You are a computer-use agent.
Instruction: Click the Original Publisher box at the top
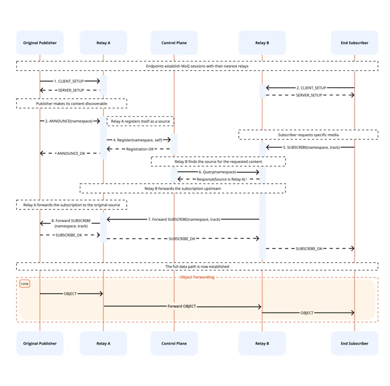(40, 43)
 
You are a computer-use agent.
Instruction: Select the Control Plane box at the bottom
(174, 343)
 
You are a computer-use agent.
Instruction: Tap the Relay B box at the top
(262, 43)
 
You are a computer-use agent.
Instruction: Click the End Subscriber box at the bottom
(355, 343)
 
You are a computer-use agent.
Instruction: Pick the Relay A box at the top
(103, 43)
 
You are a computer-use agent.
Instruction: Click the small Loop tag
(25, 284)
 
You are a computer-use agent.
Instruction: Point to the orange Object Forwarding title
(197, 277)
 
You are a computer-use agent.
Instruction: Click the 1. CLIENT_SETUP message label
(69, 81)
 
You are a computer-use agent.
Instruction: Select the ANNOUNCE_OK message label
(71, 153)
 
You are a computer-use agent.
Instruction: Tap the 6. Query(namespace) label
(217, 172)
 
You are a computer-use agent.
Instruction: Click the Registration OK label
(140, 149)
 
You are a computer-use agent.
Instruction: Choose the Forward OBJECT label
(182, 306)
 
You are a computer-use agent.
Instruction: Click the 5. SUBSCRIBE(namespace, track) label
(311, 147)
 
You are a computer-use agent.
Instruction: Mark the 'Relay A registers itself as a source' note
(140, 121)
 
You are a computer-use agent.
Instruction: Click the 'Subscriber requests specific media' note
(308, 135)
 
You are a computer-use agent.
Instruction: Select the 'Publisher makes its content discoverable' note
(71, 104)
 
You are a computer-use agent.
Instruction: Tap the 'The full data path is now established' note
(197, 267)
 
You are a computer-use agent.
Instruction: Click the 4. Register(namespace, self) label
(137, 140)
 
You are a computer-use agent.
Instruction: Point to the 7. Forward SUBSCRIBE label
(184, 219)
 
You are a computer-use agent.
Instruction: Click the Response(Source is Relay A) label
(221, 179)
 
